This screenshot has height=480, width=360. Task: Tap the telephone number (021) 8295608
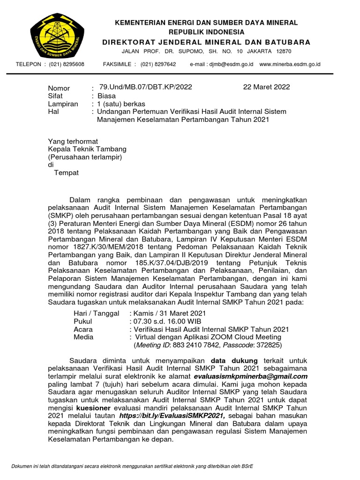67,64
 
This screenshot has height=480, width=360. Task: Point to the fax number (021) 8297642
158,64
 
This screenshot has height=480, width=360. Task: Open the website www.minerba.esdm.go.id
290,64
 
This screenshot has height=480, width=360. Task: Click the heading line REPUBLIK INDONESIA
206,32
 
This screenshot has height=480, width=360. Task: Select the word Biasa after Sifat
106,96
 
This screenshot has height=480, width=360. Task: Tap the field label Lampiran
63,104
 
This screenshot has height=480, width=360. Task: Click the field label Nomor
59,88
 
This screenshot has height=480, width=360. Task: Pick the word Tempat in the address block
67,172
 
